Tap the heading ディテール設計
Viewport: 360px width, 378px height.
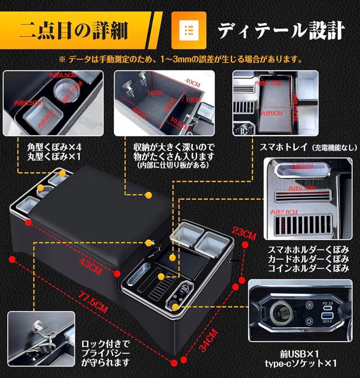(282, 31)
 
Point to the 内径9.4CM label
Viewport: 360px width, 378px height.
(302, 188)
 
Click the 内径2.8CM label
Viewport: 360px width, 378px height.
(284, 212)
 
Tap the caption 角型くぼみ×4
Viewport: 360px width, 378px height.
(56, 146)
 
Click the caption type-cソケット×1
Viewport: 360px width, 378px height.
(304, 363)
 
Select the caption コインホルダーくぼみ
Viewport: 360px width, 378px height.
(308, 269)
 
